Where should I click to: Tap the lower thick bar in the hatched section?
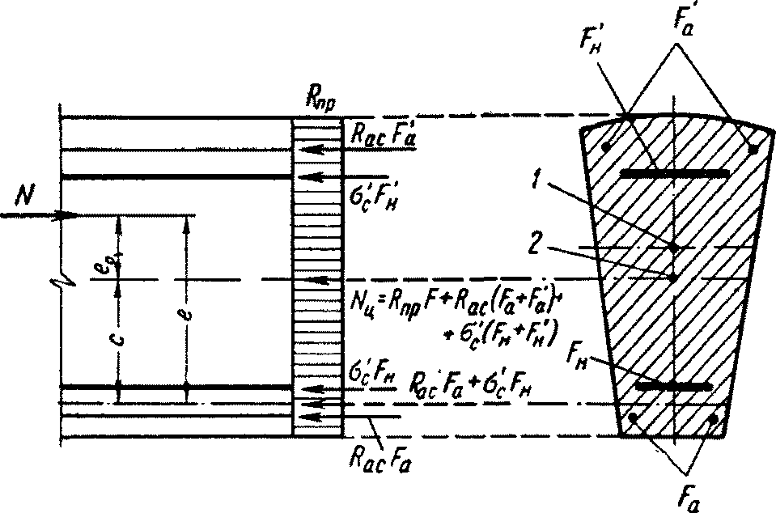[x=674, y=387]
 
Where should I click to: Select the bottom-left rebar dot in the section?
[x=634, y=418]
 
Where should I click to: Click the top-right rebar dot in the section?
[x=753, y=149]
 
